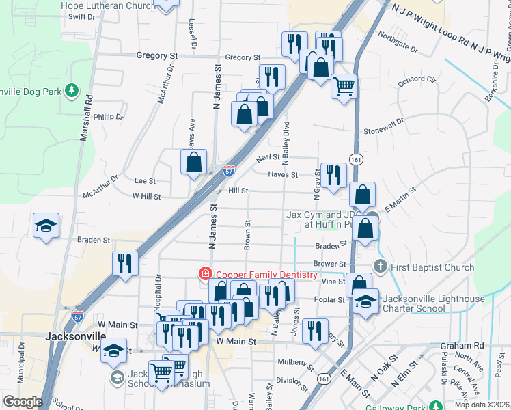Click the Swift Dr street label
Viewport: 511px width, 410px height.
coord(82,16)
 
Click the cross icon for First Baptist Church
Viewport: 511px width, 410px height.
coord(381,266)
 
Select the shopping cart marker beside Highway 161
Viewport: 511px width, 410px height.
coord(344,87)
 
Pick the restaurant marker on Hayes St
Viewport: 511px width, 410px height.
coord(333,175)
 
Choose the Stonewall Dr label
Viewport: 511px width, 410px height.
coord(384,130)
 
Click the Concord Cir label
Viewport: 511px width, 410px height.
coord(417,79)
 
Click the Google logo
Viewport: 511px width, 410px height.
coord(23,402)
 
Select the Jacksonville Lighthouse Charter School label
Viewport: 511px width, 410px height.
coord(434,303)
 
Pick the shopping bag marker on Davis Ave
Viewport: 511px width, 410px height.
coord(194,162)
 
